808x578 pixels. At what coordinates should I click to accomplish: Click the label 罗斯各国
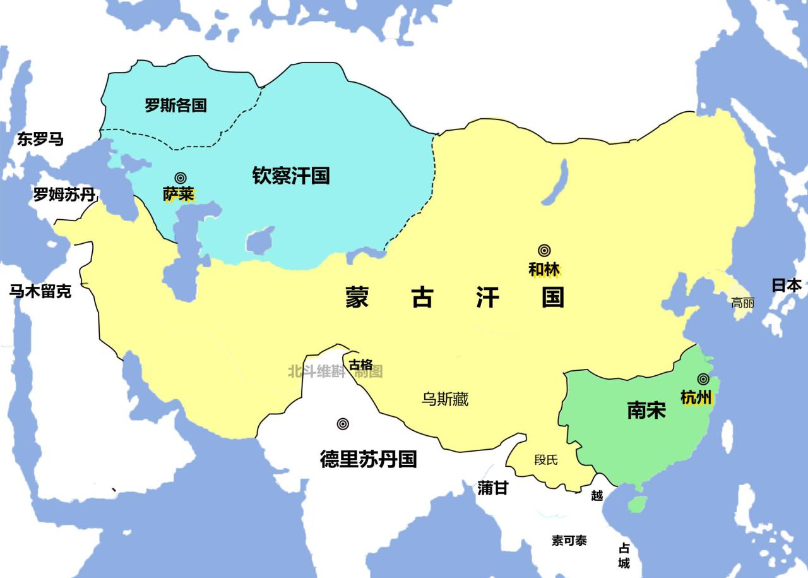click(175, 105)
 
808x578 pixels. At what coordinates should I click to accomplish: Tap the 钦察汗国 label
click(291, 175)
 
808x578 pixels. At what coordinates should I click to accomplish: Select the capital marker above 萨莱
click(181, 178)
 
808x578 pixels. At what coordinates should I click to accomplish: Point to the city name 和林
click(544, 269)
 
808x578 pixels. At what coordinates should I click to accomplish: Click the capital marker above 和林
click(544, 251)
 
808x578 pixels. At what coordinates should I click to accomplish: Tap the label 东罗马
click(40, 139)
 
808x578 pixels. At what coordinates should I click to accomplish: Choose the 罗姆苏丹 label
click(64, 195)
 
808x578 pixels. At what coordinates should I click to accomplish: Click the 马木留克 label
click(40, 291)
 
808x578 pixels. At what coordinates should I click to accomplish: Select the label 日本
click(787, 285)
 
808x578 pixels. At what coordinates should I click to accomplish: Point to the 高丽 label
click(742, 303)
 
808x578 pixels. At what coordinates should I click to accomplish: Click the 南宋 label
click(646, 411)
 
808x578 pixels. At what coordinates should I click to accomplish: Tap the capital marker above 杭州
click(703, 379)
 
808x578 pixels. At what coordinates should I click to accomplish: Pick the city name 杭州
click(696, 397)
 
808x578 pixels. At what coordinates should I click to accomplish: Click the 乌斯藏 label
click(445, 399)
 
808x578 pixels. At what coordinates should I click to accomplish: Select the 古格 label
click(361, 364)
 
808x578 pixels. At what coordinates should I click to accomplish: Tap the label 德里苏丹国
click(368, 459)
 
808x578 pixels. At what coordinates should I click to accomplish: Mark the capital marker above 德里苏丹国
click(343, 424)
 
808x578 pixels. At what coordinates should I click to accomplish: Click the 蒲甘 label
click(492, 488)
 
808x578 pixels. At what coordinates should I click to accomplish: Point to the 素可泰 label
click(569, 540)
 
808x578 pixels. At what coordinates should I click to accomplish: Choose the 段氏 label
click(546, 460)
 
